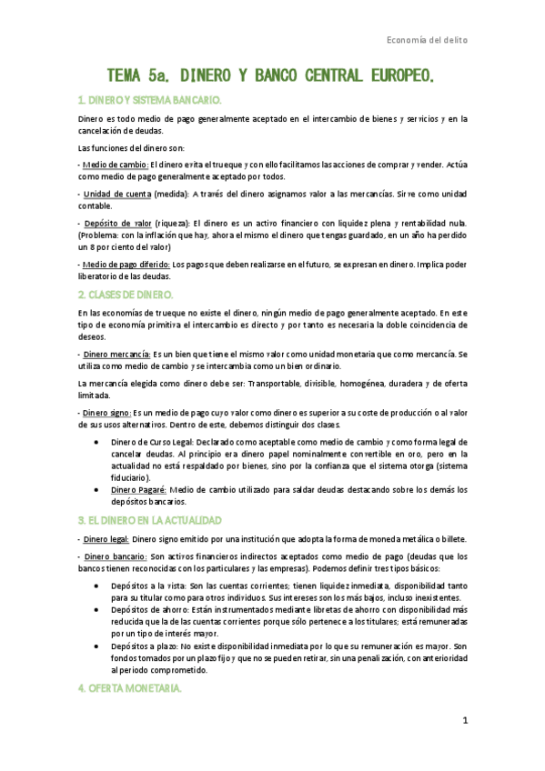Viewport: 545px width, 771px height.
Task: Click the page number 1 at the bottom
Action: tap(464, 721)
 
